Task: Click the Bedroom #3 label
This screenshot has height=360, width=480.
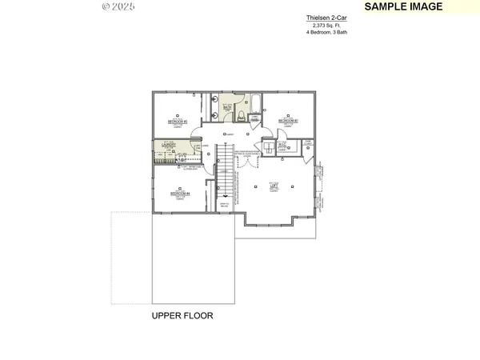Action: coord(177,121)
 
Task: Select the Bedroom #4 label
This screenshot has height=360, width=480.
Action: coord(179,194)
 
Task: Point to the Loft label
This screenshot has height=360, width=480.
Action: coord(274,186)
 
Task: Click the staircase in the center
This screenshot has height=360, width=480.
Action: coord(226,172)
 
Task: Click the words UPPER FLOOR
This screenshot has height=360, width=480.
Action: coord(182,316)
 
